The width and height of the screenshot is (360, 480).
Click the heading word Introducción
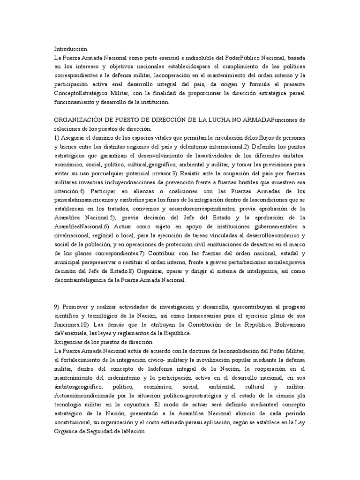point(71,48)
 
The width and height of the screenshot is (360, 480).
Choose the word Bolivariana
point(286,324)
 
